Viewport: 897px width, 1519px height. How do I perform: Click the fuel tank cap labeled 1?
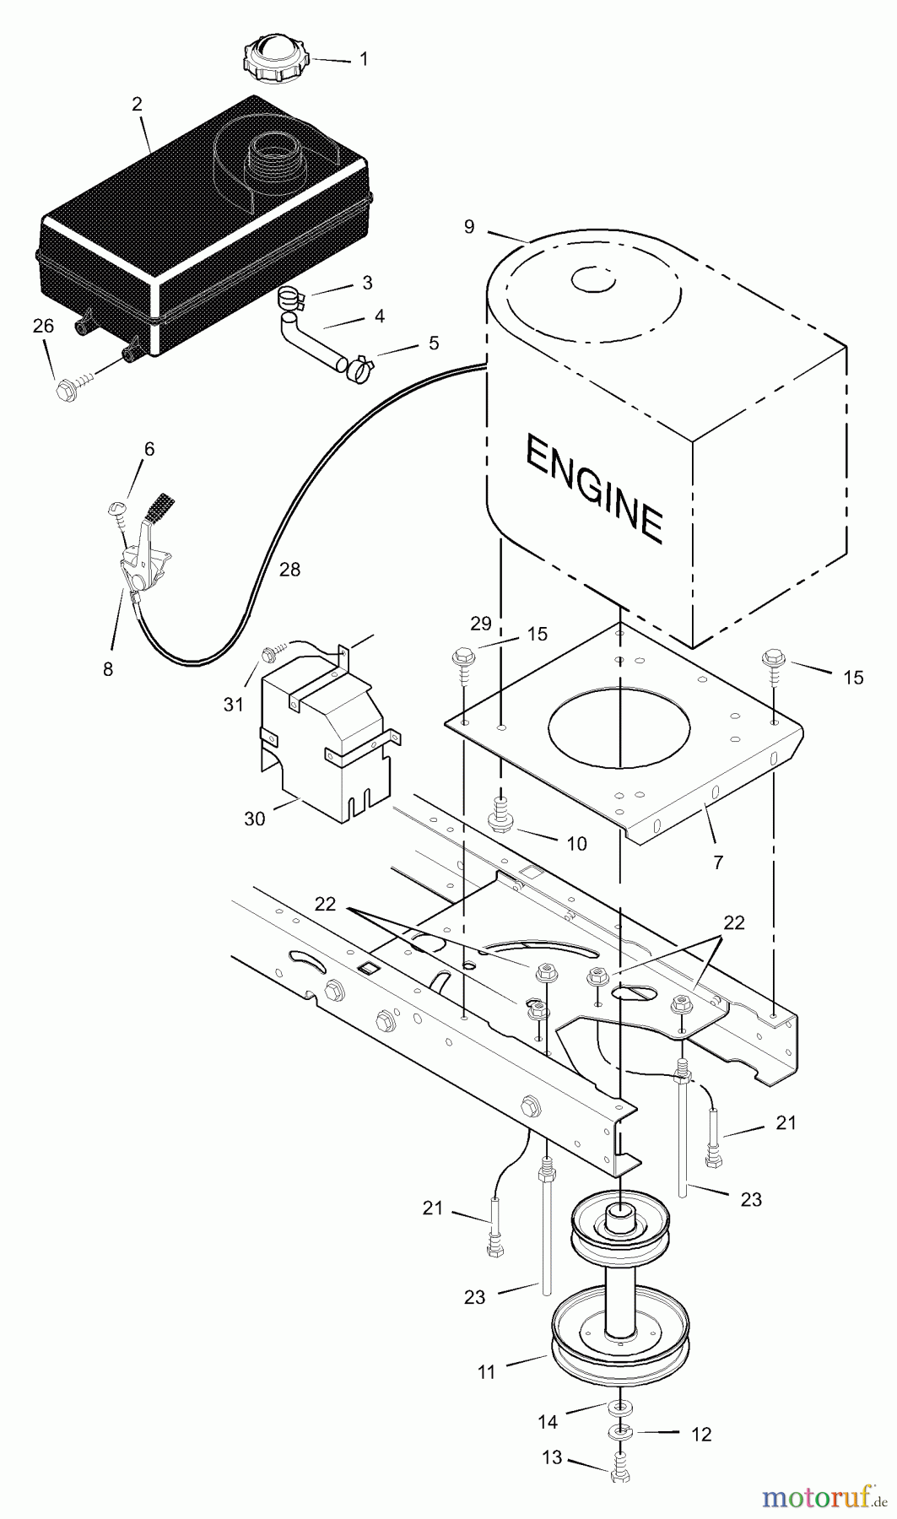276,60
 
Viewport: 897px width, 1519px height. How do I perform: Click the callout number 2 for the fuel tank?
137,105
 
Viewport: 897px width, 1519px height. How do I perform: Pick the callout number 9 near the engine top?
469,226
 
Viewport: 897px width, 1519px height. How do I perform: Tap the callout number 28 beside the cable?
289,570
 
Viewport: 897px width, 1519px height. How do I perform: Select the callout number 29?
480,624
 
